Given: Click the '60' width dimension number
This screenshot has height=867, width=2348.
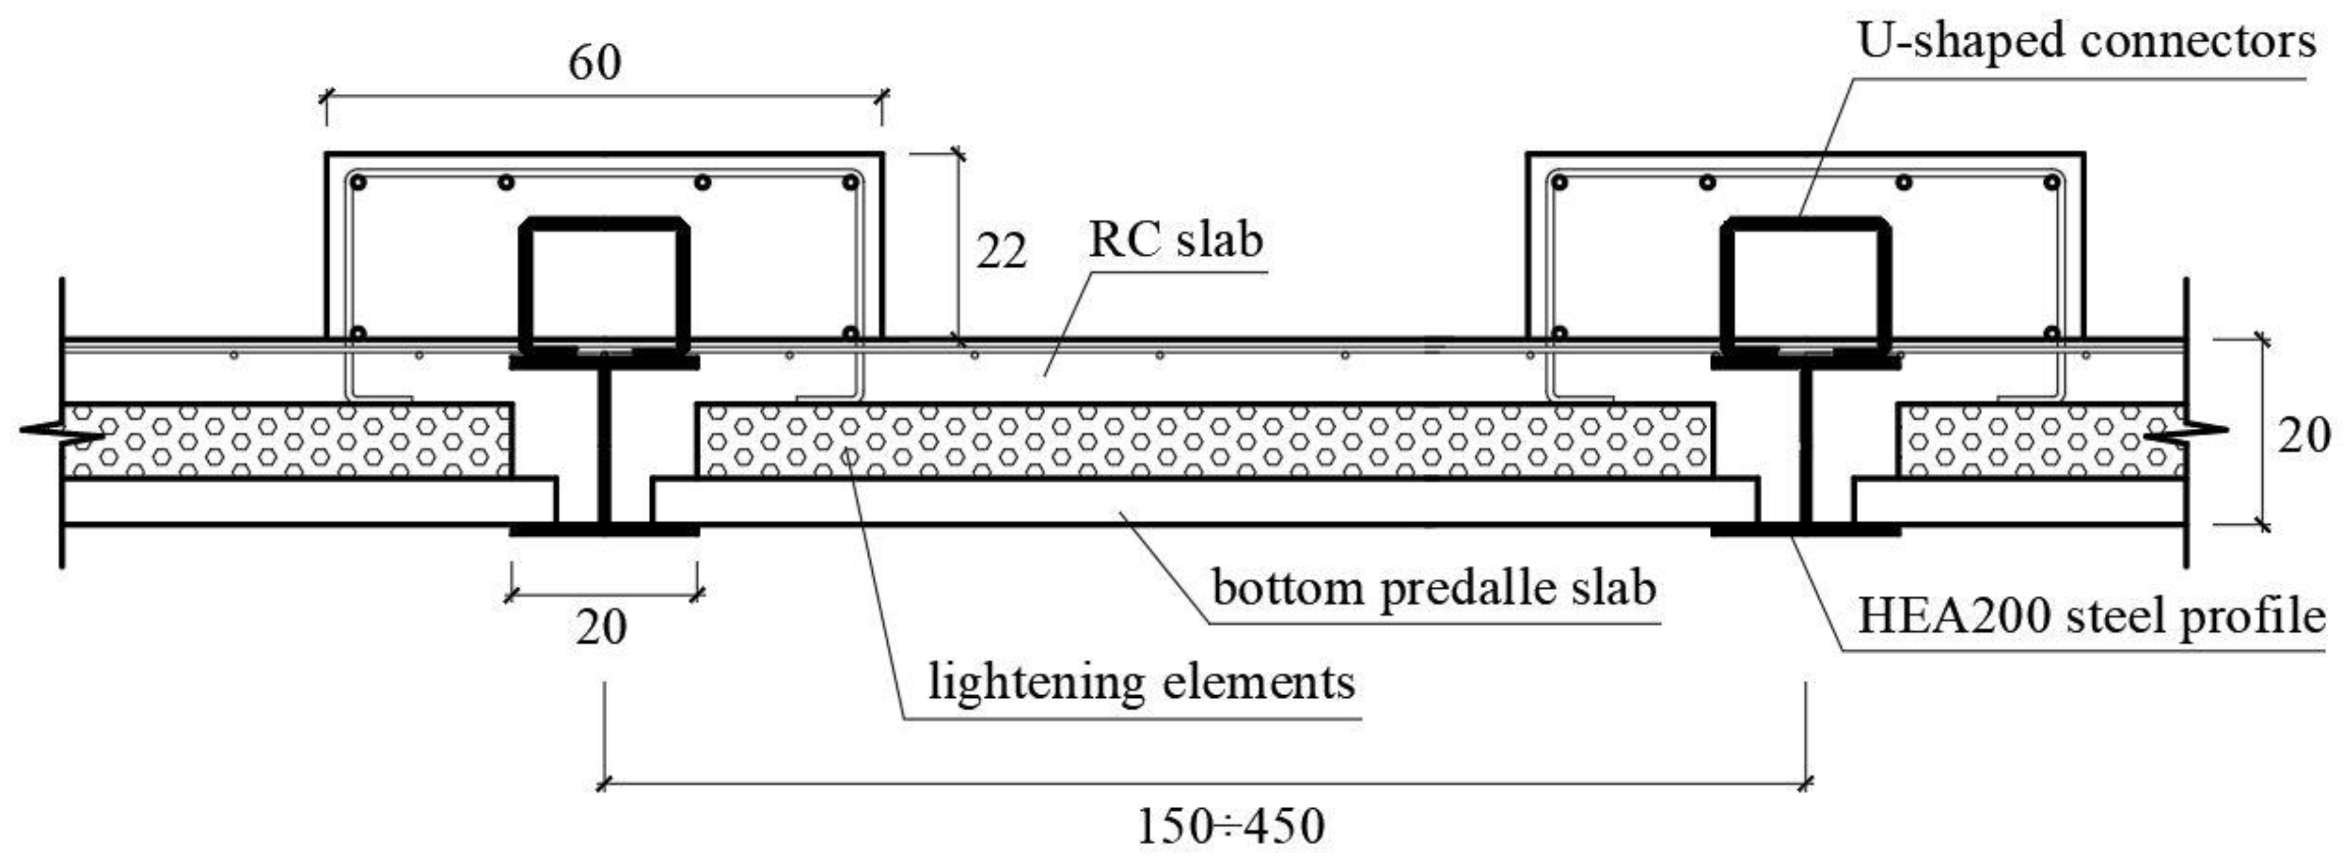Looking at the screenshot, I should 595,62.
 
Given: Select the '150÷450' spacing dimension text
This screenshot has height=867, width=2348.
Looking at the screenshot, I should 1231,827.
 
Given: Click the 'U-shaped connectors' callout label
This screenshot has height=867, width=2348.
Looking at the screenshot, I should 2086,42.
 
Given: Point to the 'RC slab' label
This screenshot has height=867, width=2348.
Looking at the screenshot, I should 1176,240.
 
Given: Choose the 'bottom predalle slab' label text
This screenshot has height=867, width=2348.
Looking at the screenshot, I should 1434,588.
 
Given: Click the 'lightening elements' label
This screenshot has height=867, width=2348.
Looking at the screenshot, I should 1141,682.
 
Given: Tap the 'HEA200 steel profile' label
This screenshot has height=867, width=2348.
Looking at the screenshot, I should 2092,617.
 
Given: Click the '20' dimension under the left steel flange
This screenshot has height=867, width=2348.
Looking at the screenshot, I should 601,627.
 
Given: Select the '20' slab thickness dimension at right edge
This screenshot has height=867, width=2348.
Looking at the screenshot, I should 2303,435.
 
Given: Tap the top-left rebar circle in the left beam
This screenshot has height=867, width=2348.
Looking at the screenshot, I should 358,182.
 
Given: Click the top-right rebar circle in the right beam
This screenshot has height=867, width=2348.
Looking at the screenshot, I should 2052,182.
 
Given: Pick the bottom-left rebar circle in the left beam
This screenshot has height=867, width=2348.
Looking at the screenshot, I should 358,334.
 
